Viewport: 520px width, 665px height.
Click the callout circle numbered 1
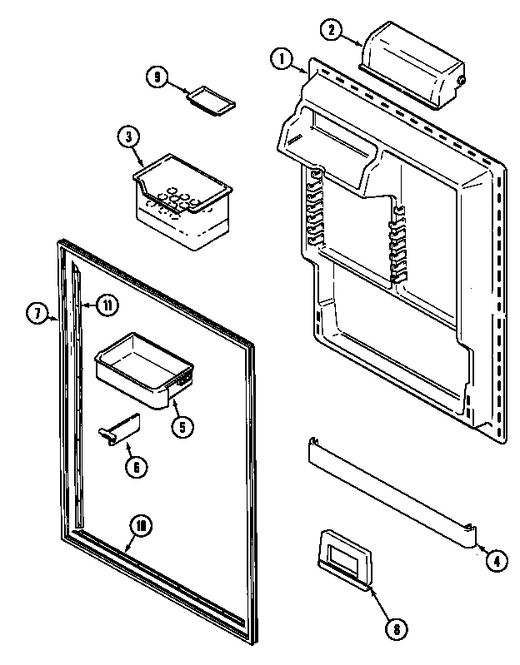click(x=282, y=58)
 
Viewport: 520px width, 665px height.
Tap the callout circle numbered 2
click(x=332, y=30)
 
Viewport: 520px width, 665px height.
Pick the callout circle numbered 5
click(x=182, y=426)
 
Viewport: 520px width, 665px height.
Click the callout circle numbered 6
click(x=136, y=466)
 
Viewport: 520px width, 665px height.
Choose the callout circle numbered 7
click(x=37, y=314)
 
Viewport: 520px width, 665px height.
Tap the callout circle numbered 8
click(x=396, y=628)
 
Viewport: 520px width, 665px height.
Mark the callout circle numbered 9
click(x=156, y=77)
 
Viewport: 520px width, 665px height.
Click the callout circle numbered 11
click(x=107, y=305)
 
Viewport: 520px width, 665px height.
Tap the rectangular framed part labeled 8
click(x=343, y=558)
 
